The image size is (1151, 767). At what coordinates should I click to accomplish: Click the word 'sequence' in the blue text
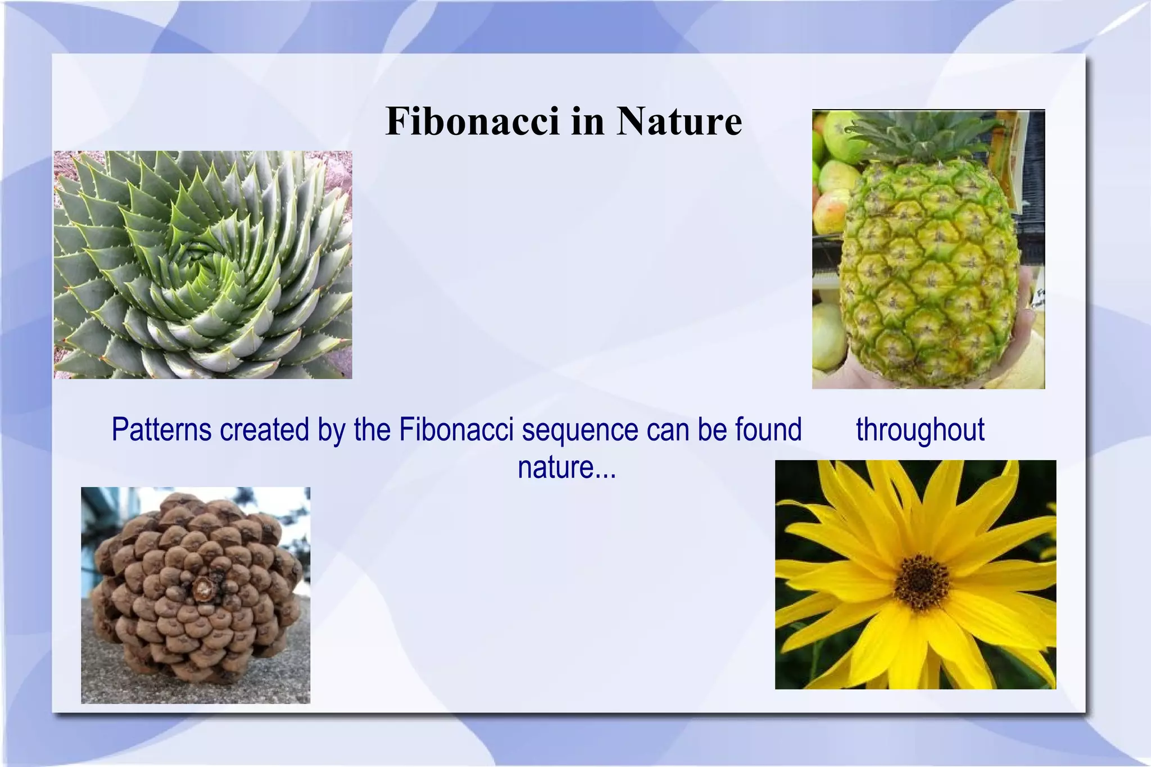click(x=580, y=430)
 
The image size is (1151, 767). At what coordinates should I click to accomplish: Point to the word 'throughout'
click(x=920, y=430)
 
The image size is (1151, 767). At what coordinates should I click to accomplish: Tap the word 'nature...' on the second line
click(x=567, y=467)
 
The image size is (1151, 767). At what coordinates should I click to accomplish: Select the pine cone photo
click(x=195, y=595)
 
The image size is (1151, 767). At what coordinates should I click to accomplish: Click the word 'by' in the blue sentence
click(x=331, y=430)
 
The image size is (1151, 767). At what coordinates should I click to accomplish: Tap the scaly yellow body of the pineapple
click(x=930, y=270)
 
